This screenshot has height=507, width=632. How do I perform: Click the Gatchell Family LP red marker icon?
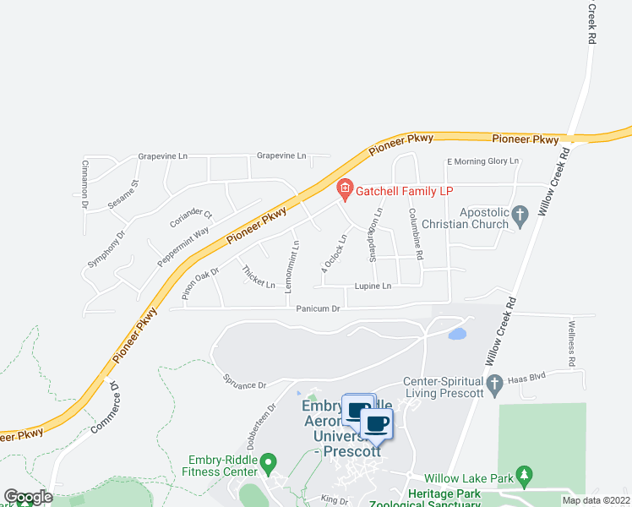point(344,188)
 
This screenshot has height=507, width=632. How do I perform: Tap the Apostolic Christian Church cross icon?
point(520,216)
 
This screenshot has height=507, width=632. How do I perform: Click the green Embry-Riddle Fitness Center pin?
point(269,463)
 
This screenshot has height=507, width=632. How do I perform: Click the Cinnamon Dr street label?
point(85,183)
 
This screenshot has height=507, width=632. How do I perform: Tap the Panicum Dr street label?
point(318,309)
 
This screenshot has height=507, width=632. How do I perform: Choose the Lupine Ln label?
point(373,286)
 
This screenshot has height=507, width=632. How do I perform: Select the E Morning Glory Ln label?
point(482,161)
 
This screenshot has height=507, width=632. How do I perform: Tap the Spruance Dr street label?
point(245,384)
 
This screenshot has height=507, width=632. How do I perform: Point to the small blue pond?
point(456,333)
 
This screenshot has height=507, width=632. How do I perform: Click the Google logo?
point(28,497)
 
